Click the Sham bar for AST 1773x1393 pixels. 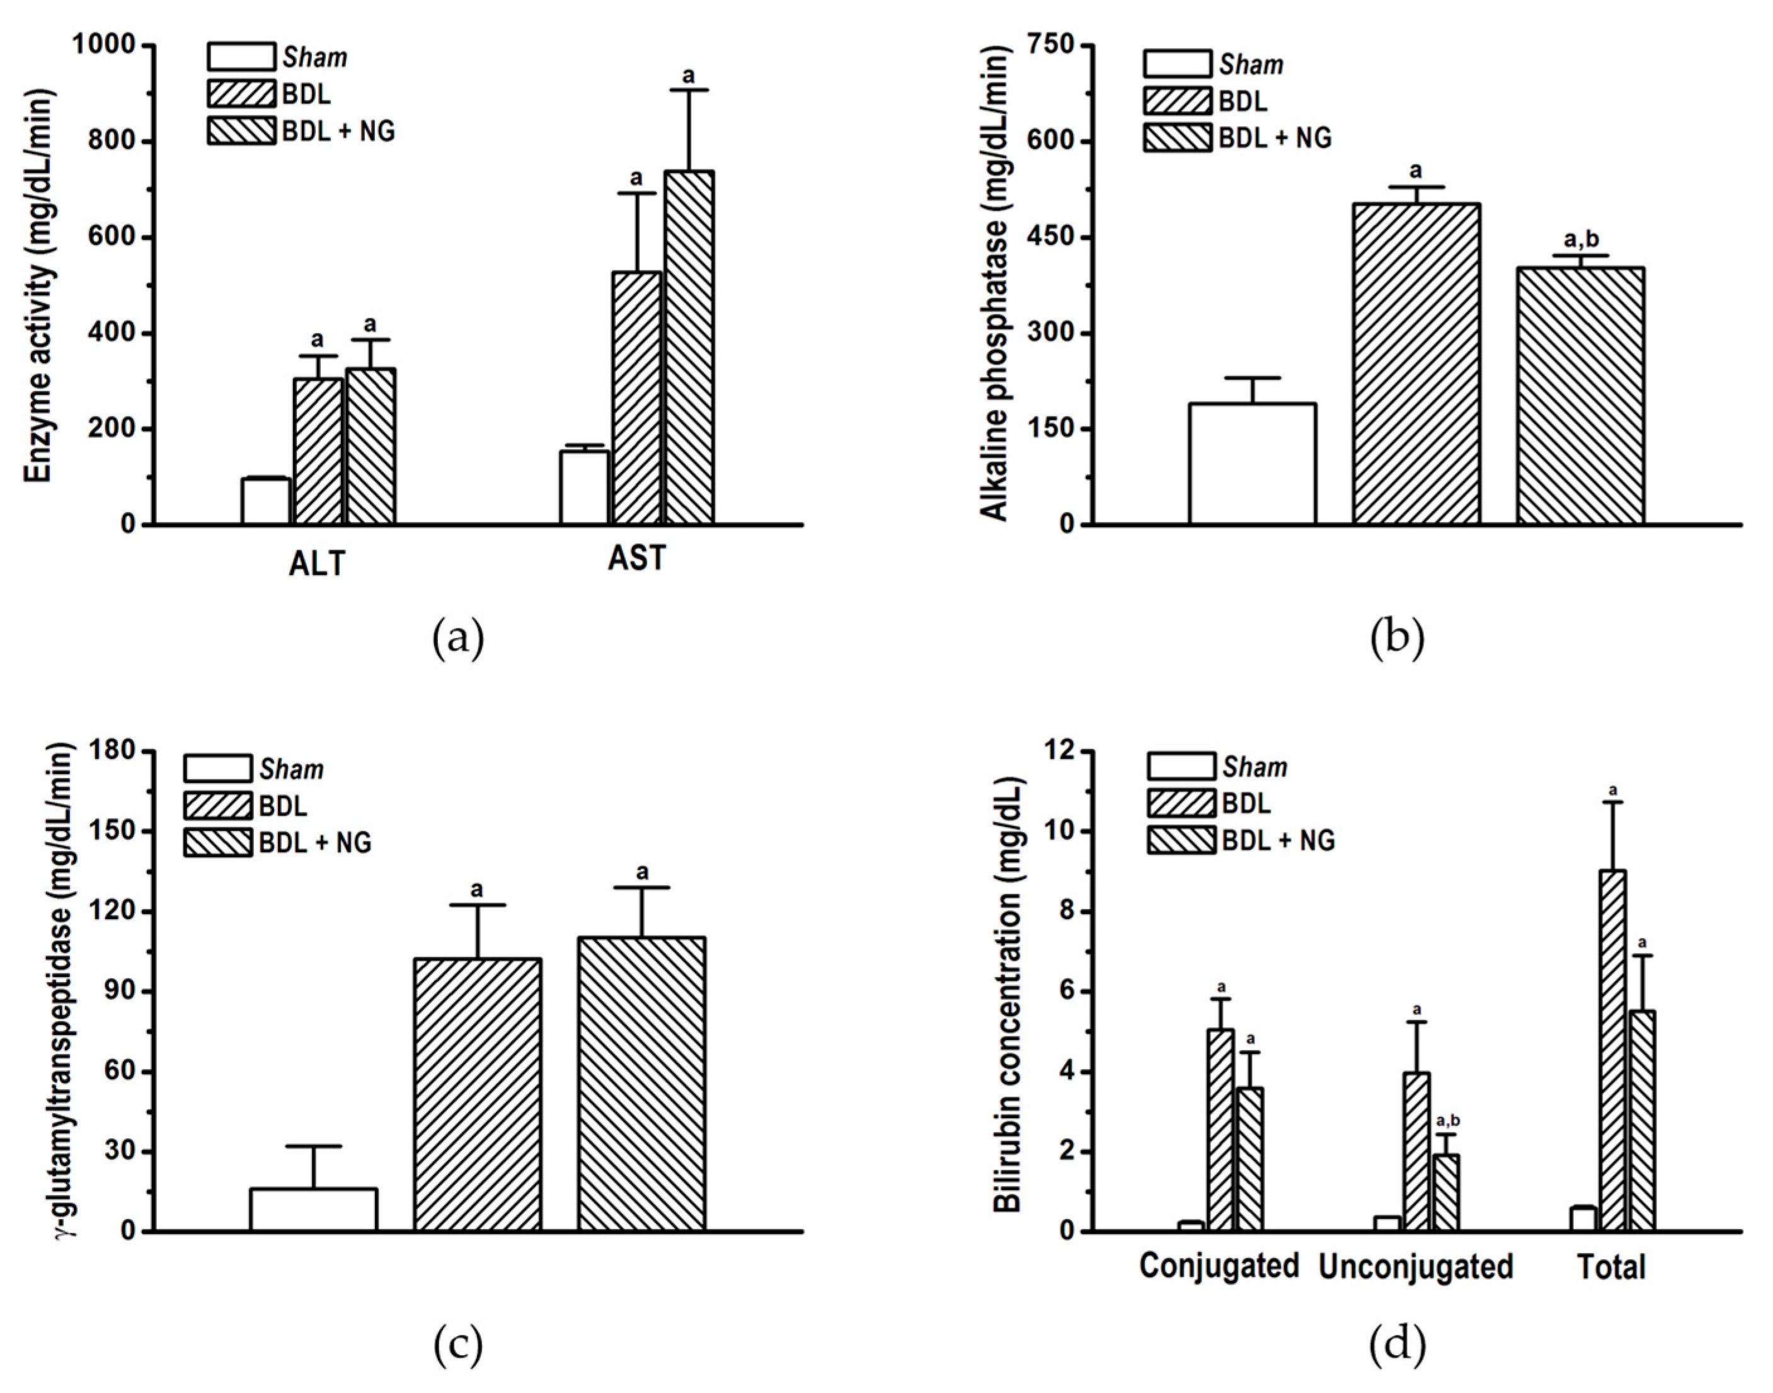(584, 487)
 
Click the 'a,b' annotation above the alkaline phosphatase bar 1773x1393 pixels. (1581, 240)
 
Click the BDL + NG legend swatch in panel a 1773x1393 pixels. (241, 131)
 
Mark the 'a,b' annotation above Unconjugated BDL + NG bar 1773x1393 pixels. (1448, 1121)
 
